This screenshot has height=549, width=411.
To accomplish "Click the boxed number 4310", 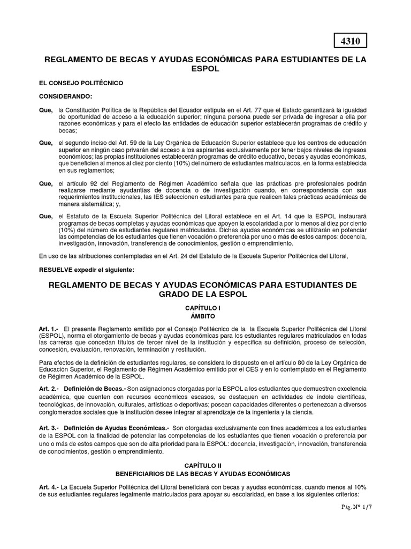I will (351, 41).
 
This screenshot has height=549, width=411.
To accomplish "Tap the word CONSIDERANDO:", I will (66, 97).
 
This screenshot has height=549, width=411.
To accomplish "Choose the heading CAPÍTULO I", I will (202, 309).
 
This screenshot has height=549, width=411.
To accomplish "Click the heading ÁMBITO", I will (202, 317).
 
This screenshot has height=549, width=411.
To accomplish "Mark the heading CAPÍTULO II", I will (202, 466).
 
